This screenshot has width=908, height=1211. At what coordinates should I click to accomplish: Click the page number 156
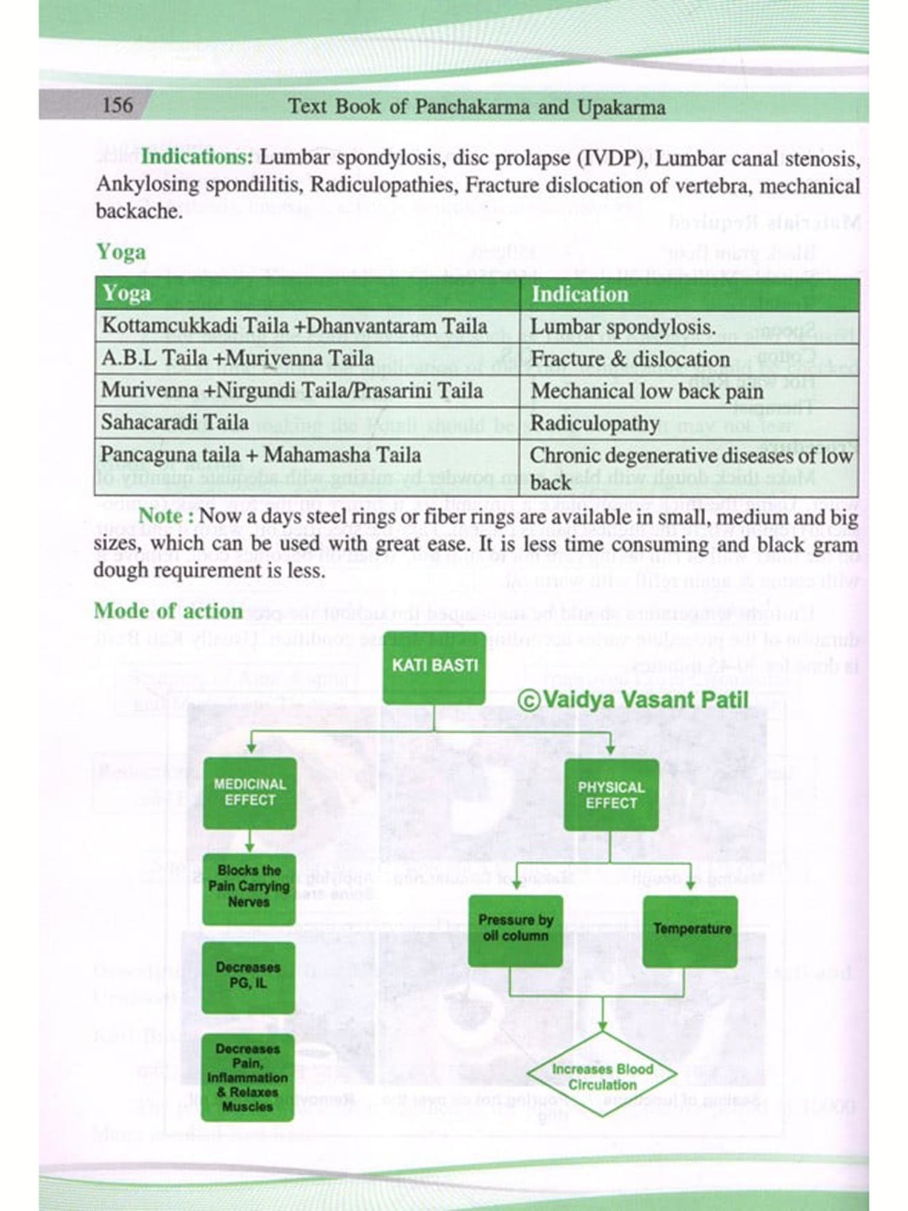click(117, 105)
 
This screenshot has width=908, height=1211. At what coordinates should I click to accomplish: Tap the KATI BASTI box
click(434, 666)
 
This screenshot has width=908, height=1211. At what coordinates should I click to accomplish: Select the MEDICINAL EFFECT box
click(249, 793)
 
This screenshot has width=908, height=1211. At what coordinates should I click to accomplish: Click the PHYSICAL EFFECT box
click(611, 795)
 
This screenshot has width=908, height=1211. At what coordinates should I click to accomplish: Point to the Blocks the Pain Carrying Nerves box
click(249, 886)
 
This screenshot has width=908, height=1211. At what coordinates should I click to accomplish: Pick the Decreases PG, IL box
click(248, 975)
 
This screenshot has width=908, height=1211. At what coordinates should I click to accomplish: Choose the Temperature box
click(691, 929)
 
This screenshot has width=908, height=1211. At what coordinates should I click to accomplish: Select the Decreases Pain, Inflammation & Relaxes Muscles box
click(248, 1077)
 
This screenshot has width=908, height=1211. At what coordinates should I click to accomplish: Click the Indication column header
click(580, 294)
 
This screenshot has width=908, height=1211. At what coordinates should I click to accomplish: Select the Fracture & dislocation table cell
click(630, 358)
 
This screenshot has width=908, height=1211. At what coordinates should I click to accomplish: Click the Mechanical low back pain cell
click(646, 391)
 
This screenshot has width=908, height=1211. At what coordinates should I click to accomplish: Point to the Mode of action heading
click(168, 611)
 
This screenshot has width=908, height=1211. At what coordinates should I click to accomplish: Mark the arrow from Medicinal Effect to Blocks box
click(249, 842)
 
